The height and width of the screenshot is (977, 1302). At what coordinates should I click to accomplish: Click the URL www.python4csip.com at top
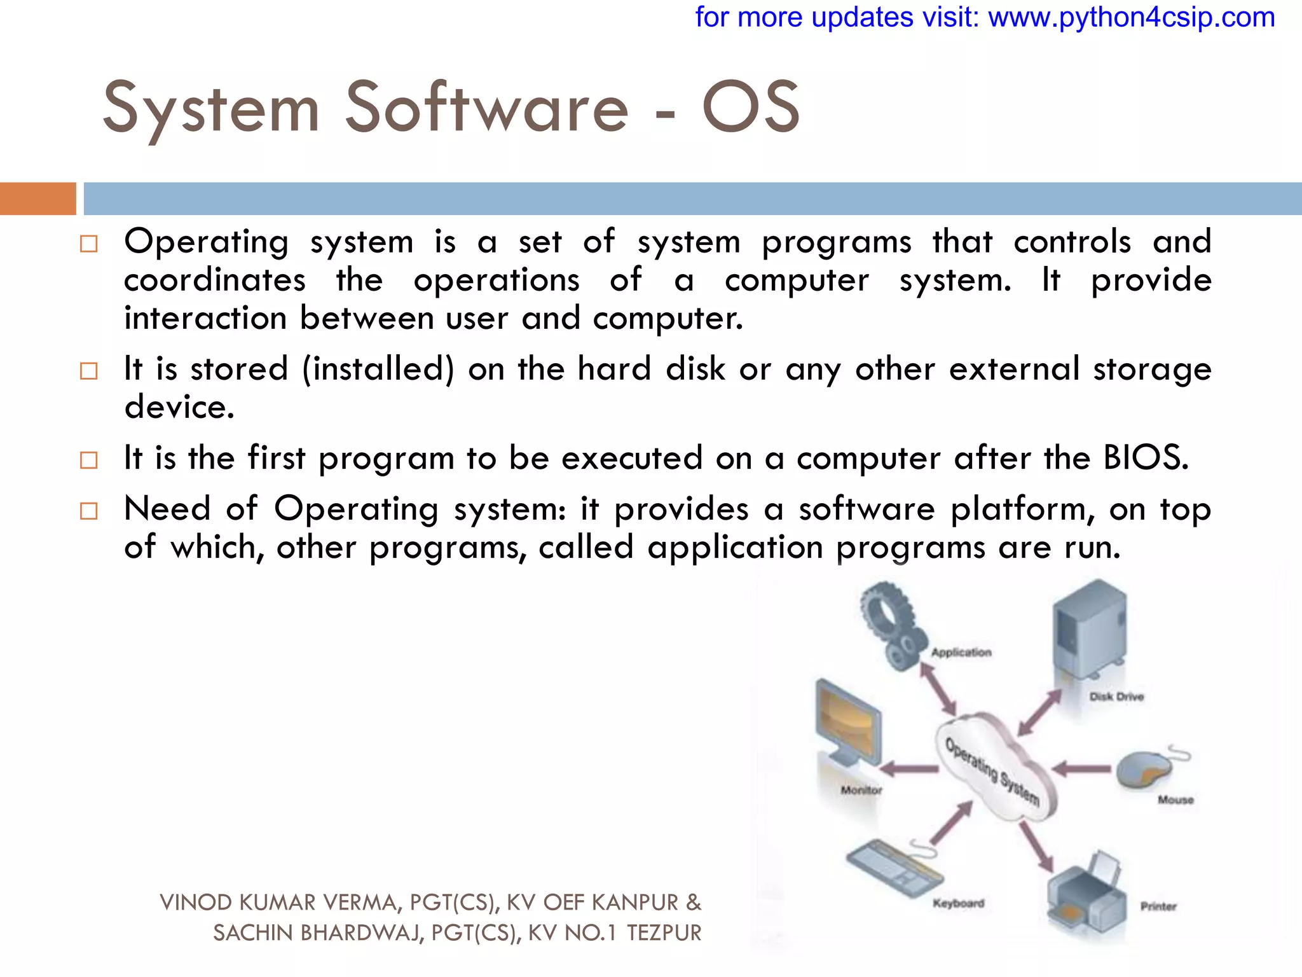click(1131, 17)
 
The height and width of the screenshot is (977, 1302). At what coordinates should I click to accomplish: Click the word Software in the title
click(486, 108)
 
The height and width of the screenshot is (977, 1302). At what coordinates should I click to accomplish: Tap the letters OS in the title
click(751, 108)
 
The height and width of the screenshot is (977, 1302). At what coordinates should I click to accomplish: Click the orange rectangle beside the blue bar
click(38, 198)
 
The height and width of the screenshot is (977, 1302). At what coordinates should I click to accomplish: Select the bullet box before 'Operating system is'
click(89, 244)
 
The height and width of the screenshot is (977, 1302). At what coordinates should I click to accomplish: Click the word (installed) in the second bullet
click(378, 369)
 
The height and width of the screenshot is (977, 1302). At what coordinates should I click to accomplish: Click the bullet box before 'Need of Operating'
click(89, 511)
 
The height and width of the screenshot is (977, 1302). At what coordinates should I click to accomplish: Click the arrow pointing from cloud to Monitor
click(912, 769)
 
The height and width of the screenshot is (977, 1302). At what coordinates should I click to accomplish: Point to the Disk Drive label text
click(1116, 696)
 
